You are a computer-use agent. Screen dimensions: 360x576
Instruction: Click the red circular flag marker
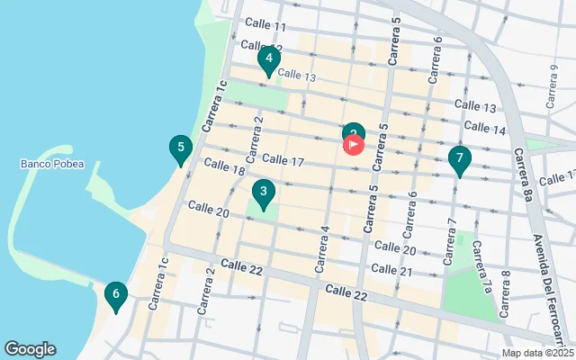click(x=354, y=143)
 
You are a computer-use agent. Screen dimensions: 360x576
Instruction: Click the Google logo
click(x=30, y=349)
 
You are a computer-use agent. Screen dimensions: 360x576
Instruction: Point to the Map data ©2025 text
click(x=537, y=353)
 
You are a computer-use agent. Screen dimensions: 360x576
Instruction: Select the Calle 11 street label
click(x=265, y=27)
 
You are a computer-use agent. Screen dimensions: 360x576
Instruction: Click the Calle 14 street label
click(x=486, y=130)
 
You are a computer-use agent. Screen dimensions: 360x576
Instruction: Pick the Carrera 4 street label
click(x=321, y=250)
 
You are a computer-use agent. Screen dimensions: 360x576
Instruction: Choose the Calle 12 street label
click(x=262, y=47)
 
